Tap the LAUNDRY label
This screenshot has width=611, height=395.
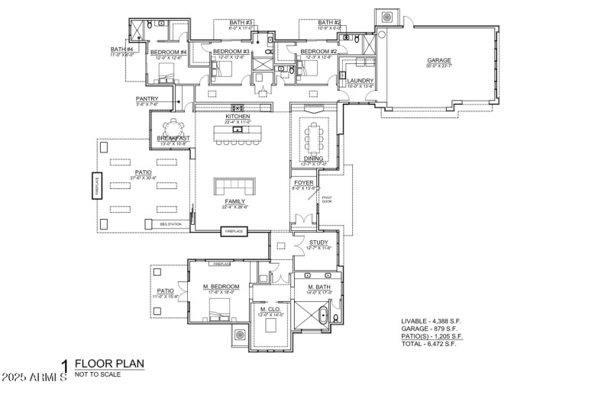coord(360,81)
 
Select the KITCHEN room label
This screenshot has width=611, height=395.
coord(238,116)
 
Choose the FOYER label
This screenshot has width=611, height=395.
coord(304,183)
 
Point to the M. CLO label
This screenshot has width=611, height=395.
coord(267,308)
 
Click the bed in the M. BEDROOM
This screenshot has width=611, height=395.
coord(219,307)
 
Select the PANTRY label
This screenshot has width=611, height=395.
coord(147,98)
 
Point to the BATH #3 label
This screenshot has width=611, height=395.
coord(241,23)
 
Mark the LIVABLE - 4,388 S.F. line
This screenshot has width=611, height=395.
coord(432,321)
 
